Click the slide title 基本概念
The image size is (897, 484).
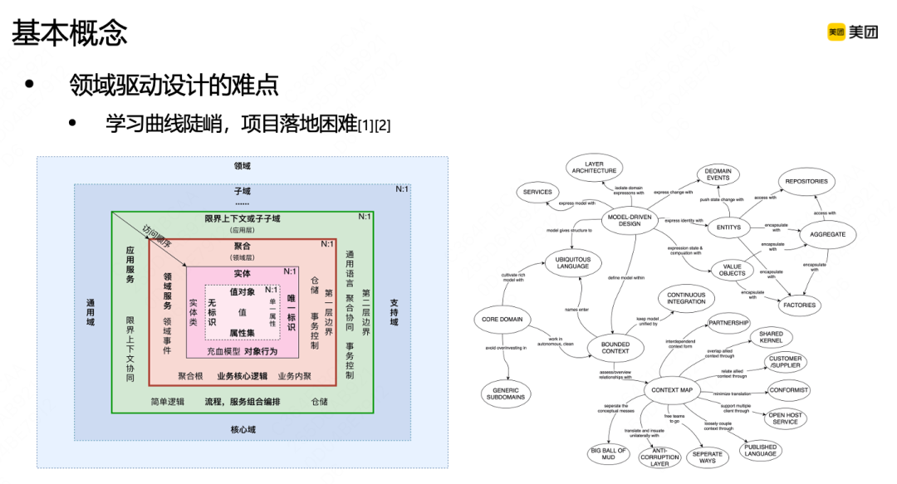click(70, 33)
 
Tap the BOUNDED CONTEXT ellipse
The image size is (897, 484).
click(615, 346)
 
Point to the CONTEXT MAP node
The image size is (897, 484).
click(672, 390)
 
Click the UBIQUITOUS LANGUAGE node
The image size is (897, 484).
click(573, 263)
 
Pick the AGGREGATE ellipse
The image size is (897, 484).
click(827, 235)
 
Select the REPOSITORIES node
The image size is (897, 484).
click(806, 180)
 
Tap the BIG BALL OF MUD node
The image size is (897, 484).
click(608, 453)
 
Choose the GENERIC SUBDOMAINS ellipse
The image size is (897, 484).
click(506, 394)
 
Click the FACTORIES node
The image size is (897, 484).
click(799, 305)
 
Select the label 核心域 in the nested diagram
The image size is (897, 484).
click(243, 429)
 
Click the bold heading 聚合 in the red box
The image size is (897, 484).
click(243, 247)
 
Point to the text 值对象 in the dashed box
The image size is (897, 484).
click(243, 292)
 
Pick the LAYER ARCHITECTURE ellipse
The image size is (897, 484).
click(594, 168)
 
